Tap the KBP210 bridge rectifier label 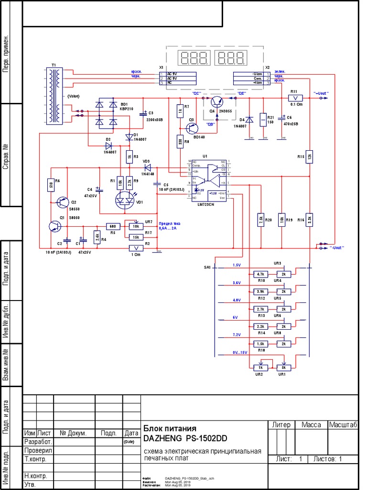(127, 109)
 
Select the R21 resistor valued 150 (262, 119)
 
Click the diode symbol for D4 (249, 119)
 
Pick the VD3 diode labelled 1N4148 (147, 167)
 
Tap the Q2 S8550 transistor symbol (62, 202)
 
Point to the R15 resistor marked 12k (309, 156)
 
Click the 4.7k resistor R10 (260, 274)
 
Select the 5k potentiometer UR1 (284, 367)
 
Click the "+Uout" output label (321, 92)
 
